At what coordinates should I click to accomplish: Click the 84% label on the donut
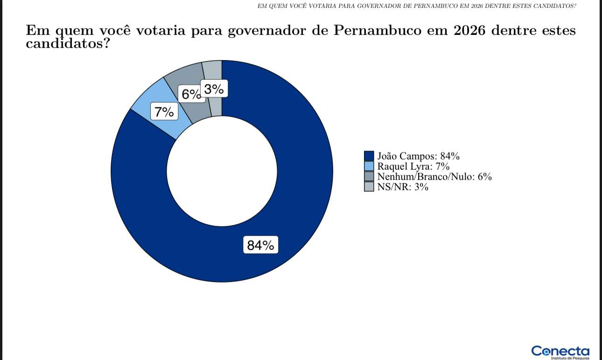pos(260,245)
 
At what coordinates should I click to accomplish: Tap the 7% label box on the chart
pos(164,112)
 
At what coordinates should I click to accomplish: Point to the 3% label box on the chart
pos(214,89)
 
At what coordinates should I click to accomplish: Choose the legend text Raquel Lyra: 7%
pos(413,166)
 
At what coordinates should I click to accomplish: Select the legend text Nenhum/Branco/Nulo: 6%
pos(434,177)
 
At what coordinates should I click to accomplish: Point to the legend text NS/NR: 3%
pos(403,187)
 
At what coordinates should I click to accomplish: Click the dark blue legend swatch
pos(369,156)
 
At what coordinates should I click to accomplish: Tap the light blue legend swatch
pos(369,166)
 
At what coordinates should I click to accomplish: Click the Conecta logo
pos(560,351)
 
